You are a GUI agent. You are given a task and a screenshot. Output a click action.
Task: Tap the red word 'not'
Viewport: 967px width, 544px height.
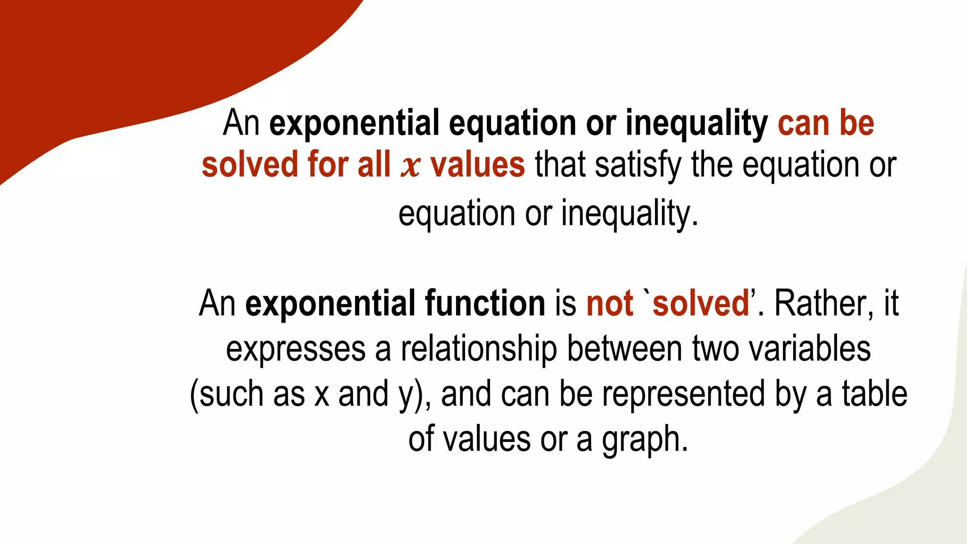609,303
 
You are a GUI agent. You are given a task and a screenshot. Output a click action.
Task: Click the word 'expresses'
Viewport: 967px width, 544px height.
296,349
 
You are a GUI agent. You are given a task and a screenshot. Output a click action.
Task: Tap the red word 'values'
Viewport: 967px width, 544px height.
477,165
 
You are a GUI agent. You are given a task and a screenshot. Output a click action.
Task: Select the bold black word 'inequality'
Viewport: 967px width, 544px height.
696,123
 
